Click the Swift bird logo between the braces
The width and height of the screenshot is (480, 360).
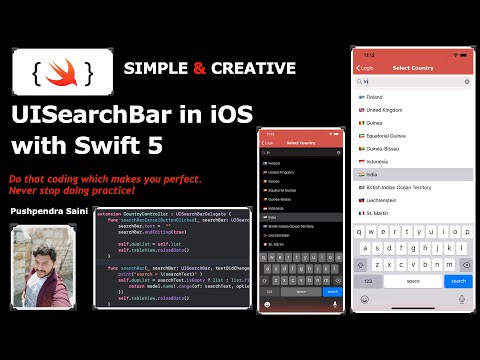tap(57, 72)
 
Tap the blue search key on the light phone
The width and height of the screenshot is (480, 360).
tap(455, 281)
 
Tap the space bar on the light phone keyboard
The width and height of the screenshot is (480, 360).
tap(412, 281)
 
